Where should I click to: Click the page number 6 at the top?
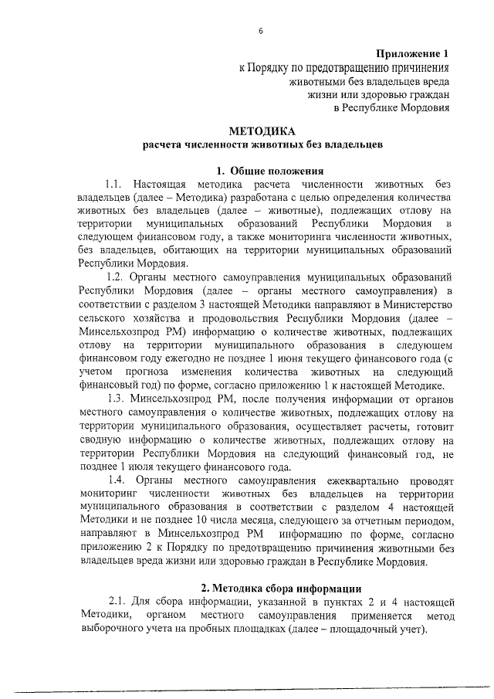click(x=260, y=31)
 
